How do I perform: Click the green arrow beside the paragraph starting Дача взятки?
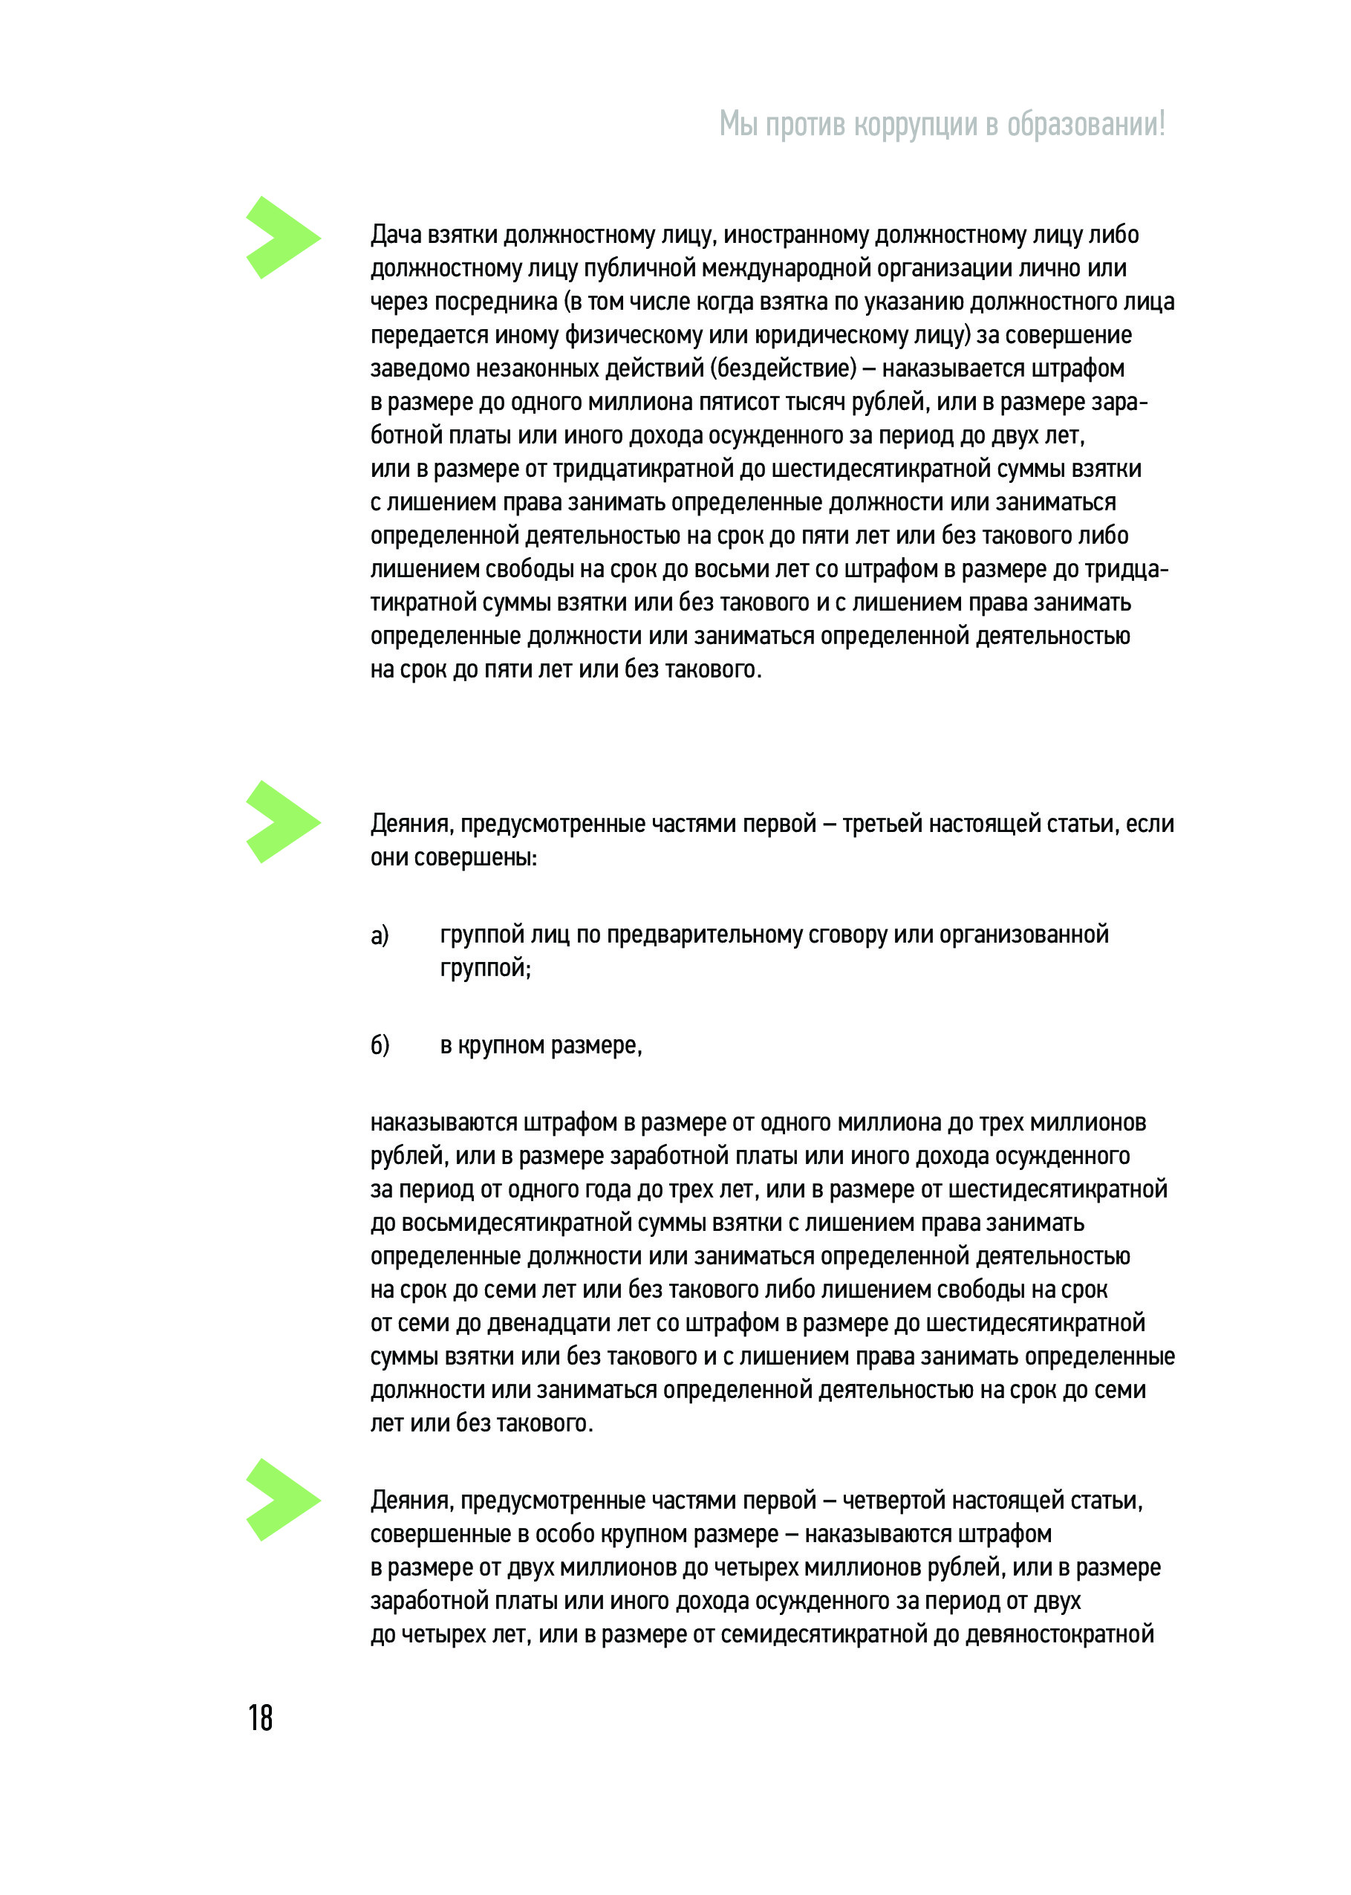click(x=282, y=237)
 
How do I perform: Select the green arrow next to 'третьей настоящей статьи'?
click(x=282, y=822)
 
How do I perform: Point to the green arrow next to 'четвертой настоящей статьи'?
click(x=282, y=1500)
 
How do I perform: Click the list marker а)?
click(x=380, y=936)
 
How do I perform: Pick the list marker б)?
click(x=380, y=1046)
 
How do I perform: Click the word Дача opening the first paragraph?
click(x=395, y=235)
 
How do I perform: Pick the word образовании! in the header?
click(x=1086, y=125)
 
